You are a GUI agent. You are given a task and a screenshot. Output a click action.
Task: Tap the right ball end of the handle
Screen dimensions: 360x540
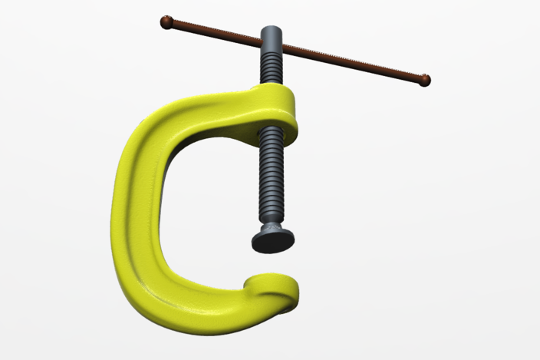(x=425, y=80)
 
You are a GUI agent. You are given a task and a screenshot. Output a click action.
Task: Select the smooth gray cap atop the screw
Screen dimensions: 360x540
(x=274, y=35)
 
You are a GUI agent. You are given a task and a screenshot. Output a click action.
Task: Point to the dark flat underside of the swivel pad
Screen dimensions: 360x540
(x=273, y=243)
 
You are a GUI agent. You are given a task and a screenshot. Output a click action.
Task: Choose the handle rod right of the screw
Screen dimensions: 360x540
(x=353, y=64)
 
